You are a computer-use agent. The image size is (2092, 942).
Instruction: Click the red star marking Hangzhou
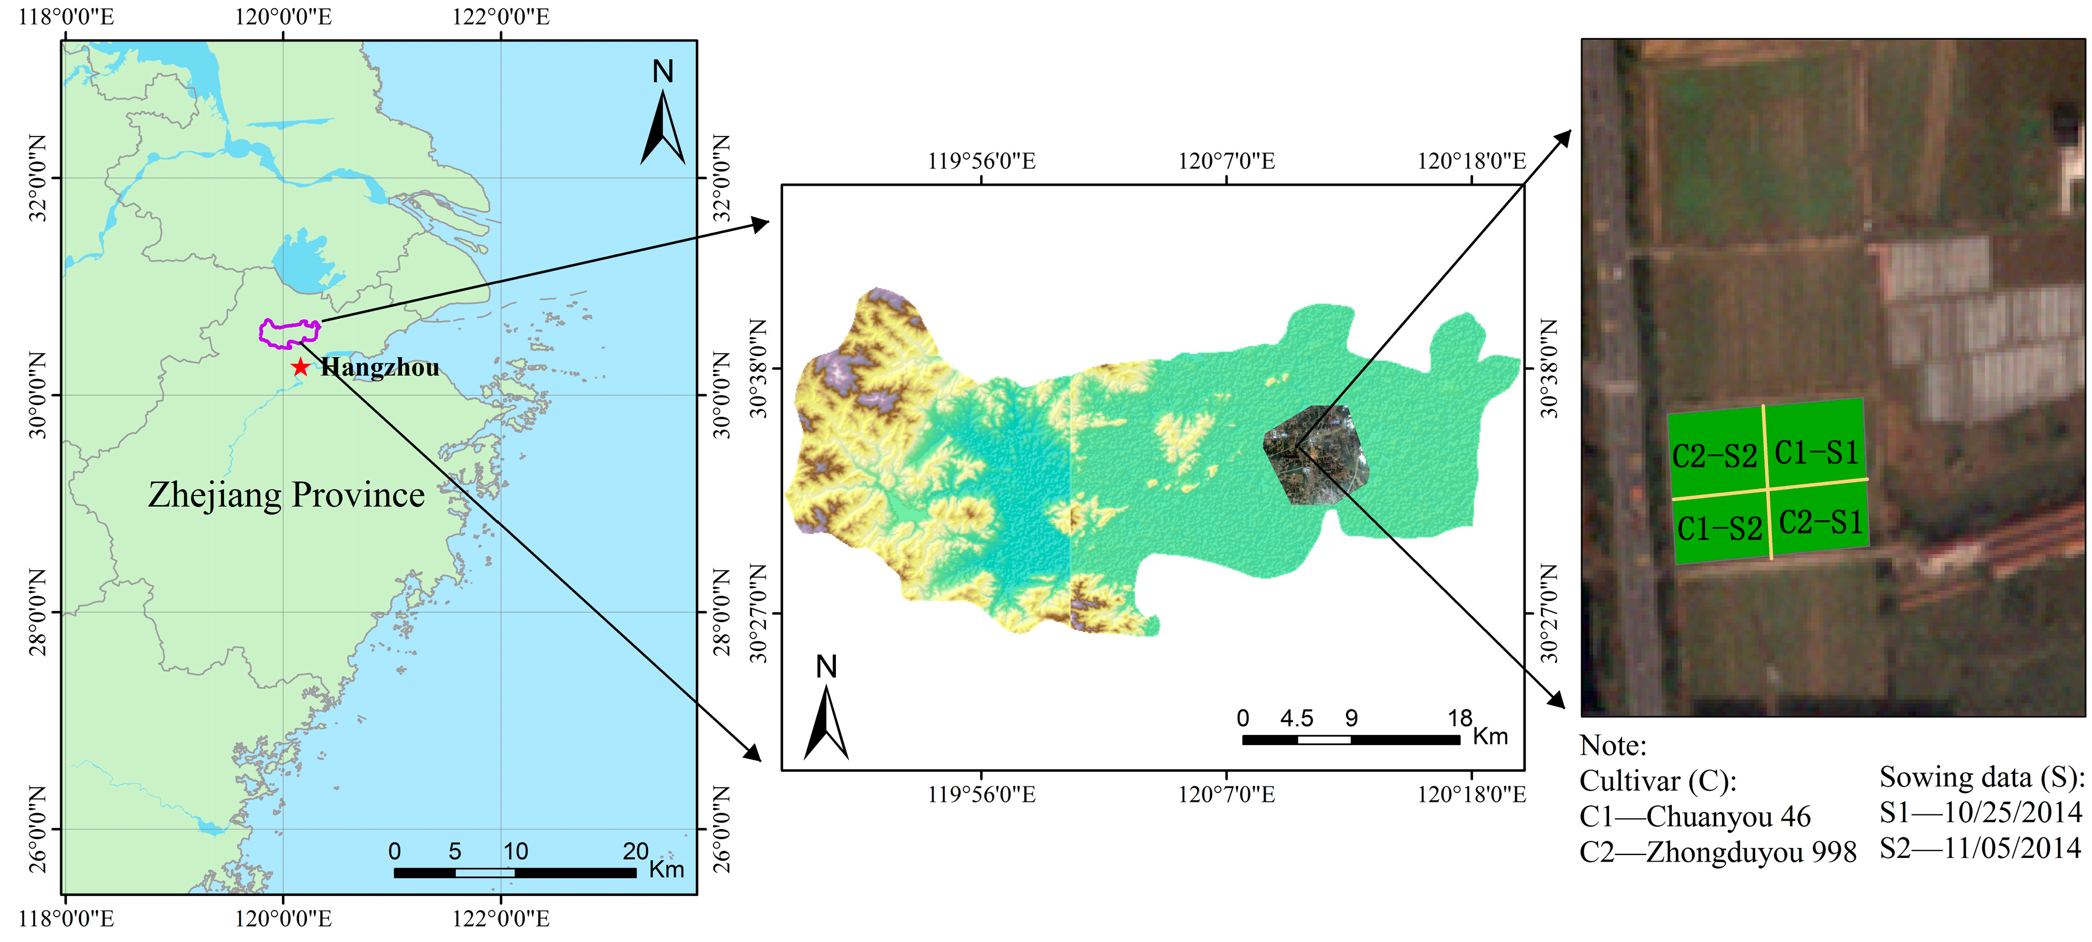tap(300, 367)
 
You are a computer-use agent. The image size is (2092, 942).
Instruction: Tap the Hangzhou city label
tap(380, 368)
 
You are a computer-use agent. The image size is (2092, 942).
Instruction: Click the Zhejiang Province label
tap(286, 494)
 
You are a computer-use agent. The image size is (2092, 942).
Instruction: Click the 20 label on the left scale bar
tap(635, 851)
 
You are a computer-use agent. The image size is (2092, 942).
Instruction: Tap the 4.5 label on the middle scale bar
tap(1297, 718)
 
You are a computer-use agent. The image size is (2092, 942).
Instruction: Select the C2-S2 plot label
tap(1714, 455)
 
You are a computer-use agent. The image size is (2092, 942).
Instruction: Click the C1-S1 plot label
tap(1817, 452)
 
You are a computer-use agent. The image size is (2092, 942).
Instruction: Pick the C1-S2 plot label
tap(1719, 529)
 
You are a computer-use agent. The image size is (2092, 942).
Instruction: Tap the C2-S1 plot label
tap(1821, 522)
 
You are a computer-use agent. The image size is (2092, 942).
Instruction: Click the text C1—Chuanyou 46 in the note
tap(1695, 816)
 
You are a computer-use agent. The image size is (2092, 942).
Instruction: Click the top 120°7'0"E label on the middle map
tap(1226, 161)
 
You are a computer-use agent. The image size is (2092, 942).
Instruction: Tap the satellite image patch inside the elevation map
tap(1316, 455)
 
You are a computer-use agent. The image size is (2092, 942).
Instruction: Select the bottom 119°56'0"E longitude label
tap(981, 794)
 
